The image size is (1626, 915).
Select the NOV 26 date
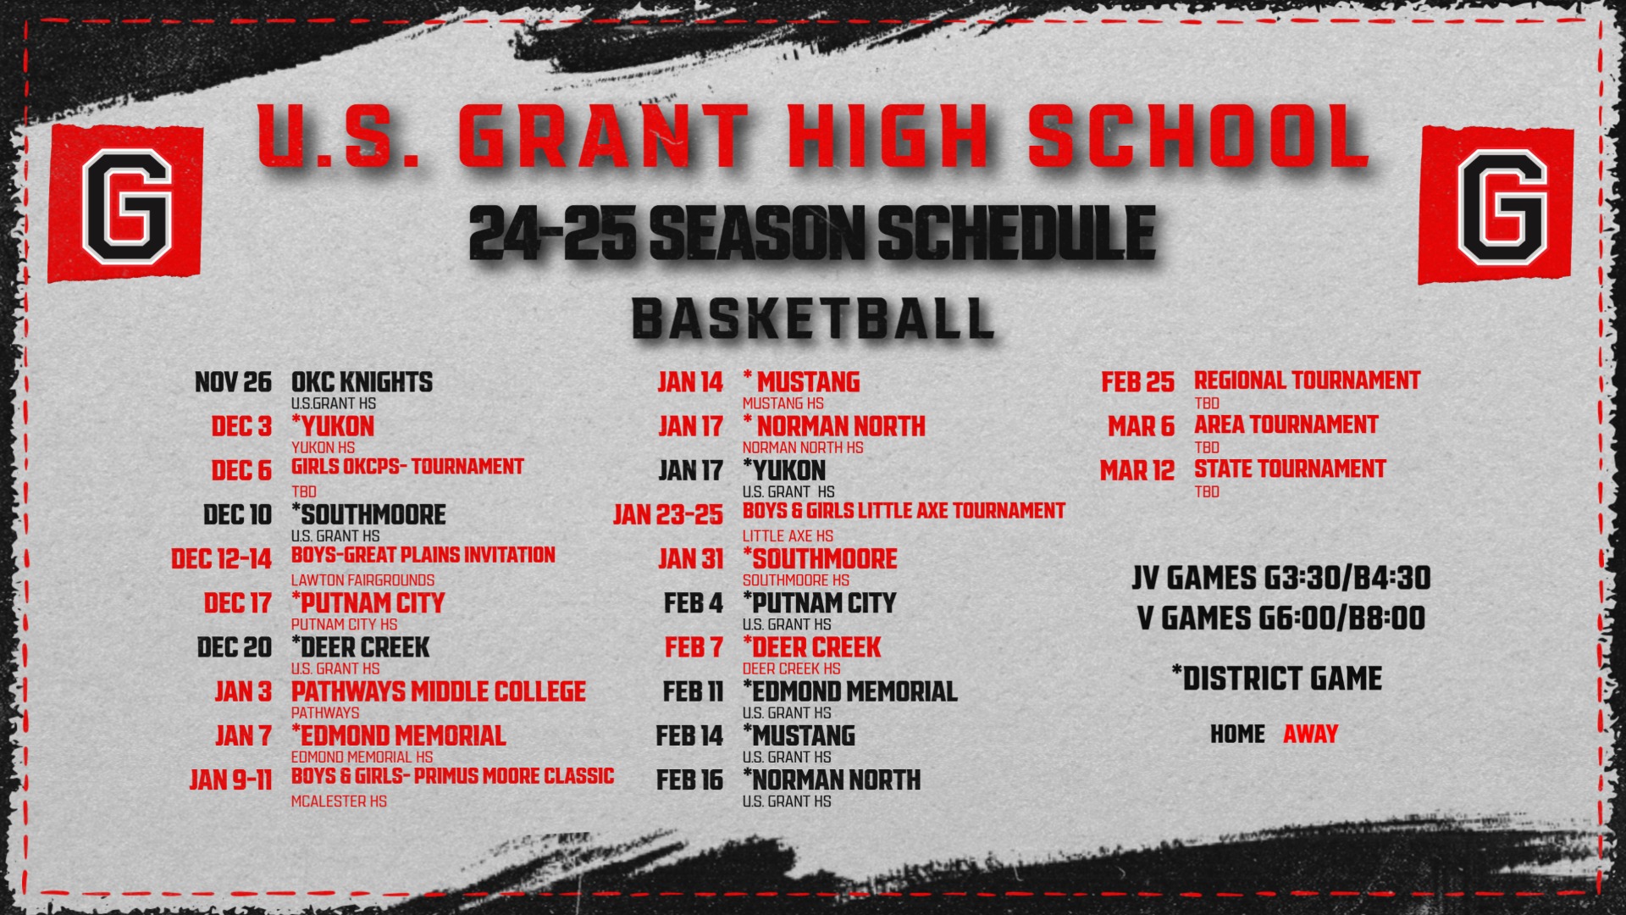[233, 383]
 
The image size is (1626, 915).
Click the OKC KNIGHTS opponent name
[362, 383]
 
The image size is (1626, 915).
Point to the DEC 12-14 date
[221, 559]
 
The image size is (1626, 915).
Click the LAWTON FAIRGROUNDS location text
[362, 580]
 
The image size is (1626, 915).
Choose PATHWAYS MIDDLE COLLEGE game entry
[438, 692]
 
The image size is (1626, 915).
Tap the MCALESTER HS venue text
[339, 801]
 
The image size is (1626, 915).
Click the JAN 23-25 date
[668, 515]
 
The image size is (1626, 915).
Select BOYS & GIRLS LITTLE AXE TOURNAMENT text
[904, 511]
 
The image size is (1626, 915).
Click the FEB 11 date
[693, 692]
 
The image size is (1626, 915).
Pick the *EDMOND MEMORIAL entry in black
[849, 692]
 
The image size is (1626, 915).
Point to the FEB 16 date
[689, 780]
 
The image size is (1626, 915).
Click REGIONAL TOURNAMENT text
[1307, 381]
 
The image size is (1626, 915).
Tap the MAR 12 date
[1137, 471]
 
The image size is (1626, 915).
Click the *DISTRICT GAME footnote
[1276, 679]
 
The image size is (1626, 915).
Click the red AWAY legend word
[1310, 735]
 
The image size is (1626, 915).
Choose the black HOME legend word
[1237, 735]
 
